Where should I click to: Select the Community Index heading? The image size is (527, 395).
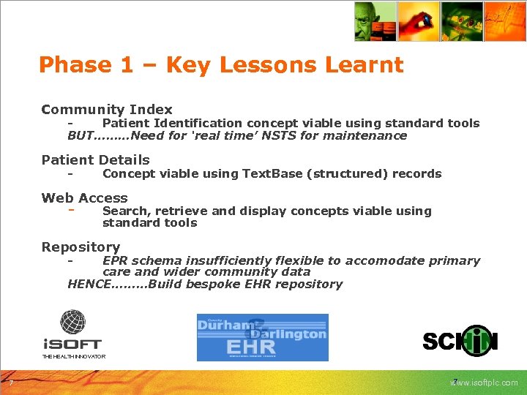107,109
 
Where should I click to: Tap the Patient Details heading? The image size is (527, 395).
95,159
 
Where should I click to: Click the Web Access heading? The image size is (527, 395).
84,197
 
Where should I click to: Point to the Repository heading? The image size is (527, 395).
81,247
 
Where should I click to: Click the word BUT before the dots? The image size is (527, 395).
81,135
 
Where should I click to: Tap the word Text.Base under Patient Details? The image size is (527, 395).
274,173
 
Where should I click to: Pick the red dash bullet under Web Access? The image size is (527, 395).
71,210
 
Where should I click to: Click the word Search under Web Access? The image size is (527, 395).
124,211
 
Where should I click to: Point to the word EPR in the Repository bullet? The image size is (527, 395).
116,260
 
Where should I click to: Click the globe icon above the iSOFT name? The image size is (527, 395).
72,323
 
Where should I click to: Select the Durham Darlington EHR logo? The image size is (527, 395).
262,337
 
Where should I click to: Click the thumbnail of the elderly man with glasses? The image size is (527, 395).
375,21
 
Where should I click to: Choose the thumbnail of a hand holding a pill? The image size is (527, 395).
418,21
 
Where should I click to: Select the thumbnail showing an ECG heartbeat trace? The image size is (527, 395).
506,21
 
